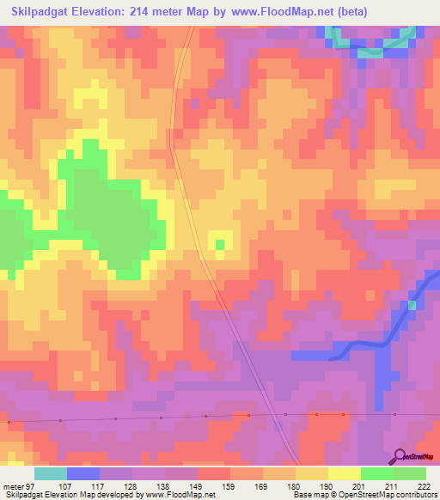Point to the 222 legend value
(x=425, y=485)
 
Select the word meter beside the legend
(x=15, y=485)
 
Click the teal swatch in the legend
(x=51, y=473)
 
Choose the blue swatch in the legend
(x=83, y=473)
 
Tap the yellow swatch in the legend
(x=345, y=473)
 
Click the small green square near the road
(x=220, y=244)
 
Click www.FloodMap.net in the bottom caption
(x=183, y=495)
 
